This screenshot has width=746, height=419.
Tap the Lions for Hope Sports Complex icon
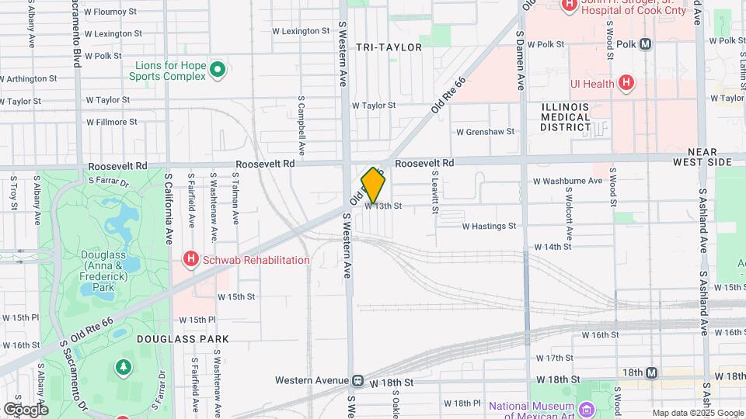pos(218,71)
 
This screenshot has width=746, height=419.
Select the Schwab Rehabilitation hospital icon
pos(190,259)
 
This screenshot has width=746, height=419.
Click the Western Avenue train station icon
pos(358,381)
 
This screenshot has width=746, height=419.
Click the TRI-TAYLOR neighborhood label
pos(389,47)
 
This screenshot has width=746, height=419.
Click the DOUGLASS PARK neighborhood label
pos(183,339)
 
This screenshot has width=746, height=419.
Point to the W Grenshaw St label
pos(485,132)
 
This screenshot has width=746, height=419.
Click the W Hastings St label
pos(489,227)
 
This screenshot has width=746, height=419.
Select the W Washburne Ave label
pos(567,181)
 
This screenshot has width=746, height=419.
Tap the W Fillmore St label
pos(111,122)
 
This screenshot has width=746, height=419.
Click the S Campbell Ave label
pos(301,126)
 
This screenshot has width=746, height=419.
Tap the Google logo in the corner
pos(26,409)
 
